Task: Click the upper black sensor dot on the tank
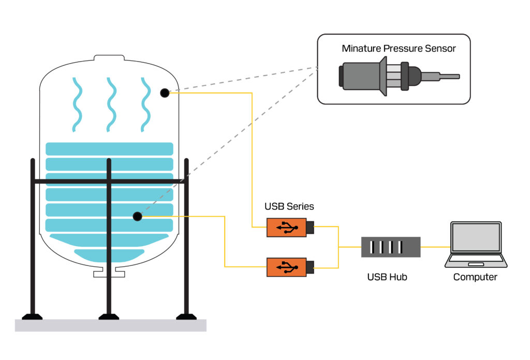[164, 93]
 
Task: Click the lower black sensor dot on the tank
[137, 216]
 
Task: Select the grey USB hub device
[390, 247]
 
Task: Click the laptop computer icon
[476, 244]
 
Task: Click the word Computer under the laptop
[475, 277]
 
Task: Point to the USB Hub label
[387, 277]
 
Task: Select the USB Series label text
[289, 206]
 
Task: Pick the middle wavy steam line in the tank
[110, 104]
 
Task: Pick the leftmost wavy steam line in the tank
[77, 104]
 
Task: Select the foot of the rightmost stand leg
[186, 316]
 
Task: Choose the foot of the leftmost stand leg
[32, 316]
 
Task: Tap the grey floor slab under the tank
[110, 325]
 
